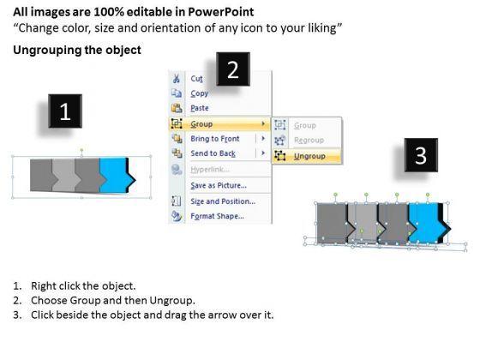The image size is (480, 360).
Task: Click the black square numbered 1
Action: [65, 111]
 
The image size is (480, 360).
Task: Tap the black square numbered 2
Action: [233, 69]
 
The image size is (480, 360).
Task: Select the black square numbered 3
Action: [421, 155]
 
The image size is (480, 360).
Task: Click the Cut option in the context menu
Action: [196, 79]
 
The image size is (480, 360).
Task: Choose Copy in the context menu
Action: [199, 93]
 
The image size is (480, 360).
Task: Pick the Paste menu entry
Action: [200, 108]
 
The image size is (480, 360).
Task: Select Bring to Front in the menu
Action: [215, 139]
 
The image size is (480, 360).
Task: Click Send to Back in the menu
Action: [213, 153]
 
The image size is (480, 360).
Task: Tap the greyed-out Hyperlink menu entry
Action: [210, 170]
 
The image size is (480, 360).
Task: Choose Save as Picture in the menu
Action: [219, 185]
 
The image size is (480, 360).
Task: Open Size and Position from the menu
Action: [223, 201]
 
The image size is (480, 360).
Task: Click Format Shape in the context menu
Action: [218, 216]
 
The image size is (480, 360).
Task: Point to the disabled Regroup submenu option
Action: [309, 141]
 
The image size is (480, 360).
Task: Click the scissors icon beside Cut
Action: [176, 78]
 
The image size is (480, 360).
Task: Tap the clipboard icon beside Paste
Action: [177, 108]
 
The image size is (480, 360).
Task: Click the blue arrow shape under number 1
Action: [116, 175]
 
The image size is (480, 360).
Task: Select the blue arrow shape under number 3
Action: [426, 222]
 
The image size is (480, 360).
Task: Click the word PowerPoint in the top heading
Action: [221, 12]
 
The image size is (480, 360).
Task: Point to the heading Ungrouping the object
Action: [77, 50]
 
